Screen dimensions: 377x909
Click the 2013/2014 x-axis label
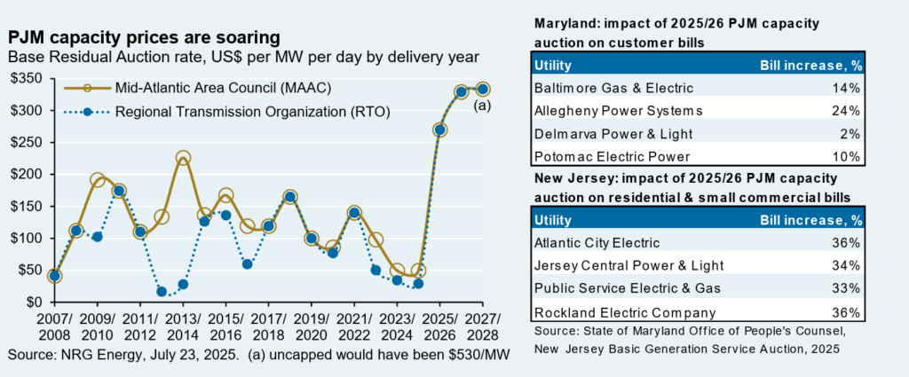[x=182, y=327]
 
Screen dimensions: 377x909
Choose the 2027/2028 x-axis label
[x=482, y=327]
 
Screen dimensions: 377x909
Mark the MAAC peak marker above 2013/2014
[x=183, y=159]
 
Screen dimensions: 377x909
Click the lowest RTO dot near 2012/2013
[x=162, y=292]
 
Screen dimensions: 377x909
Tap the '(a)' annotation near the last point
[x=482, y=106]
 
